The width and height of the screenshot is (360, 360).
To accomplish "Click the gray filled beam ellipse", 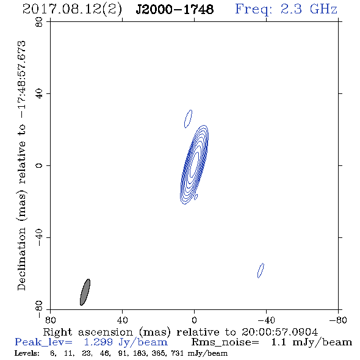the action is (x=85, y=292).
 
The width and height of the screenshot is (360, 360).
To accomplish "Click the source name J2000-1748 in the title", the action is (x=175, y=9).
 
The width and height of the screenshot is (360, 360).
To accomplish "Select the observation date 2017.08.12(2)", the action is (x=72, y=10).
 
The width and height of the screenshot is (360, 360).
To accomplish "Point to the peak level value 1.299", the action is (x=98, y=342).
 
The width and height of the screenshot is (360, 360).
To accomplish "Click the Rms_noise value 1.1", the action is (x=278, y=342).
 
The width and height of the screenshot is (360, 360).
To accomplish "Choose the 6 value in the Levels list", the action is (x=52, y=353).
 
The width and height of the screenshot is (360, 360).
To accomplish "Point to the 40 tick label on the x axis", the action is (x=122, y=320).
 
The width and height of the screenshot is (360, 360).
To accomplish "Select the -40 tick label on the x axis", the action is (x=266, y=320).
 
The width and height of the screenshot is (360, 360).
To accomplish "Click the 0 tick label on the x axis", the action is (x=194, y=320).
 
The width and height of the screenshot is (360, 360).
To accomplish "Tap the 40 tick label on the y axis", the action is (x=39, y=94).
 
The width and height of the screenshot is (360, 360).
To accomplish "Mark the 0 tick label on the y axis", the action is (x=39, y=165).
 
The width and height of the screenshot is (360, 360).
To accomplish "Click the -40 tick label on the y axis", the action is (x=39, y=237).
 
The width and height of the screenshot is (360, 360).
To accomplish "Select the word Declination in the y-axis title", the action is (x=21, y=259).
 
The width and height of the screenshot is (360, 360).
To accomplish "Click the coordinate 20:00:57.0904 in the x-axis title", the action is (x=279, y=332).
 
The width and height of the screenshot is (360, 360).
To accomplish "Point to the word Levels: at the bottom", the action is (x=27, y=353).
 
